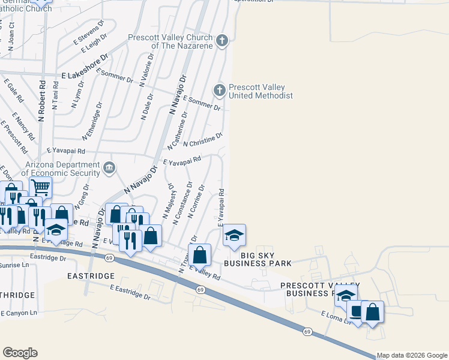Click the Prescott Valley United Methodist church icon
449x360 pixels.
pos(220,90)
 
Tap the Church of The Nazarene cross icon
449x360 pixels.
pos(222,41)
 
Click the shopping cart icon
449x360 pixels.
pos(40,187)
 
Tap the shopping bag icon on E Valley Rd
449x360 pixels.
pos(200,254)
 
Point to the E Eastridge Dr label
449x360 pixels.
pos(130,292)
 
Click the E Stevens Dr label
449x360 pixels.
pos(89,34)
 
